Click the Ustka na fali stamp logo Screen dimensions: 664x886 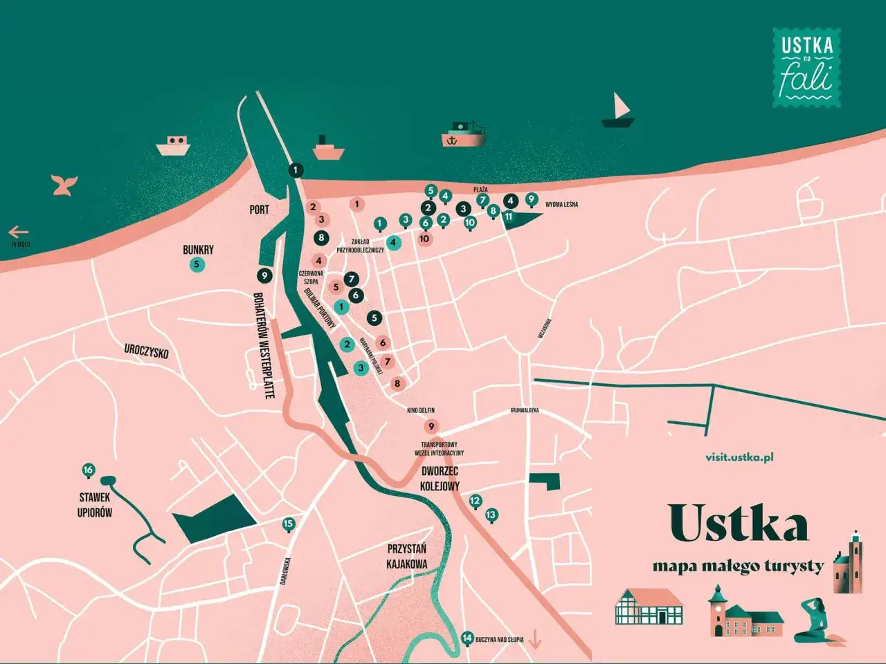[806, 68]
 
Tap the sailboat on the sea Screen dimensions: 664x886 [618, 112]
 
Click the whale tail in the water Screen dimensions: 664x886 [64, 185]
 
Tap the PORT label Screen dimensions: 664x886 [260, 209]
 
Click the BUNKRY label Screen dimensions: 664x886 [198, 250]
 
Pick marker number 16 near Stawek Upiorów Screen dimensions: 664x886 [88, 471]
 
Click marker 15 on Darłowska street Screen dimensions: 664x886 [289, 524]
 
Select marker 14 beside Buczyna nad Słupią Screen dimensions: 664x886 [467, 638]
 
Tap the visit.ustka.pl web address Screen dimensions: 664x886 [739, 457]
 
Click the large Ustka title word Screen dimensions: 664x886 [739, 524]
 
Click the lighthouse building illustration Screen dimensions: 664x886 [848, 563]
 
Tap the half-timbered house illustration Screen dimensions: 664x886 [649, 607]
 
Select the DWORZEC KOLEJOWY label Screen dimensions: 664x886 [440, 479]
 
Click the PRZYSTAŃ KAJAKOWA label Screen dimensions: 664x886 [407, 556]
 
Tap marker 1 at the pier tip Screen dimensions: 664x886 [296, 170]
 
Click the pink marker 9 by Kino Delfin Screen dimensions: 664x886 [431, 427]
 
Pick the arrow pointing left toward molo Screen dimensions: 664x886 [19, 232]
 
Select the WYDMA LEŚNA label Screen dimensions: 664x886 [561, 205]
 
